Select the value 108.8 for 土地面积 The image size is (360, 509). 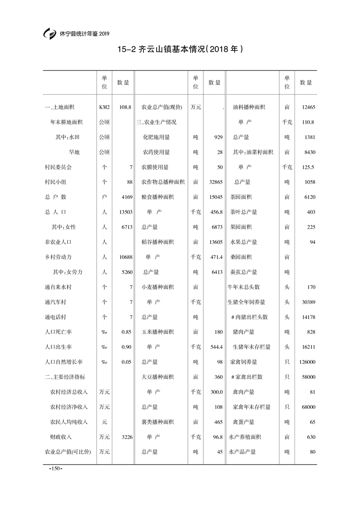point(125,107)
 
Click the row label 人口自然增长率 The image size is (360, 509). point(64,362)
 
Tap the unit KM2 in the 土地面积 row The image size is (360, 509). point(104,107)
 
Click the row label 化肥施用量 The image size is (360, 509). point(156,137)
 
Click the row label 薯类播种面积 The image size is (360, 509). point(157,422)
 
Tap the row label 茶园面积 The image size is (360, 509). point(241,197)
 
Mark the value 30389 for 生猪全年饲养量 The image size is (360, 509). point(307,302)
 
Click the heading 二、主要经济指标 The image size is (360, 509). point(64,377)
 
